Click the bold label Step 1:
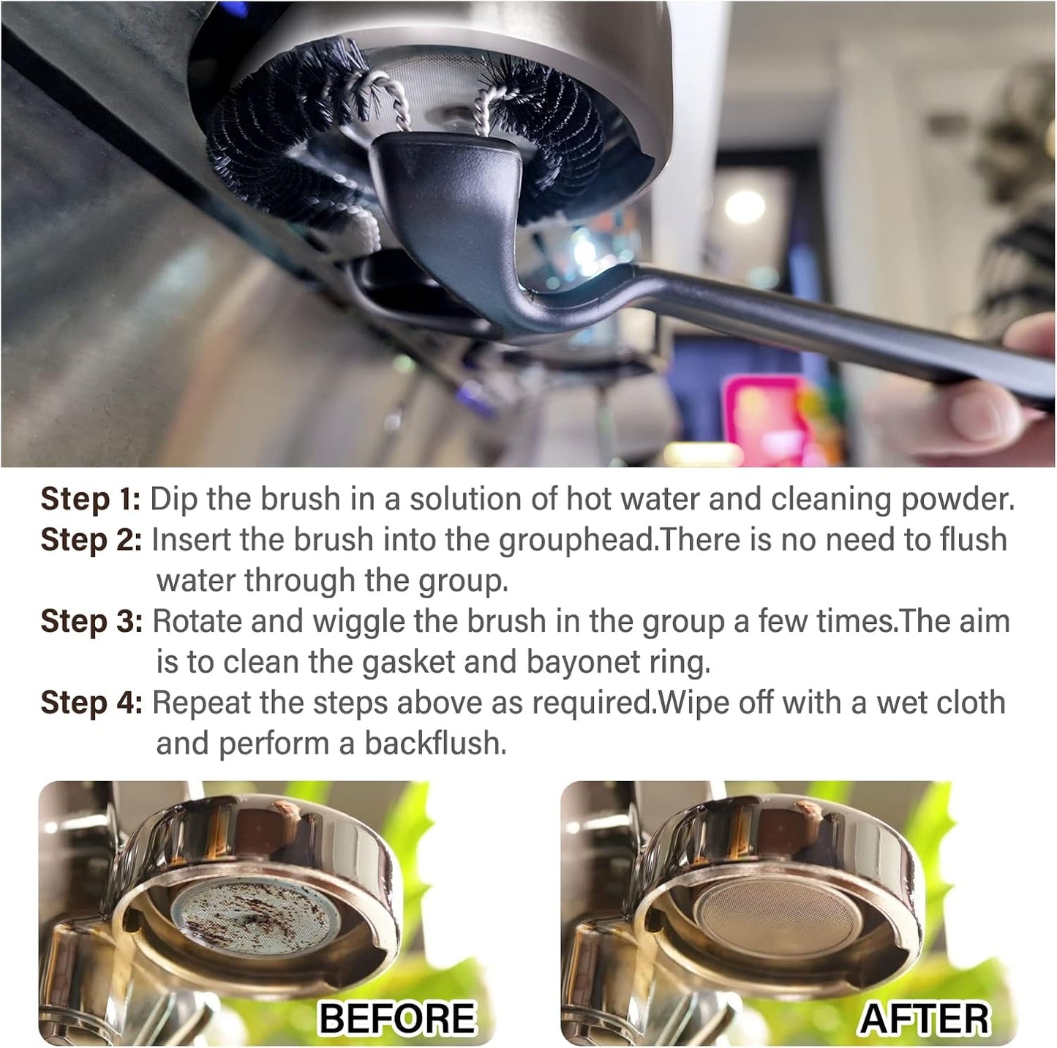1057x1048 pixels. click(89, 500)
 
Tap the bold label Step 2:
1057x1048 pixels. click(91, 540)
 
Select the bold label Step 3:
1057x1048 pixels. click(91, 622)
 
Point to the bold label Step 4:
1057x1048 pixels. click(91, 703)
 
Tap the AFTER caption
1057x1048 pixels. click(924, 1018)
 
